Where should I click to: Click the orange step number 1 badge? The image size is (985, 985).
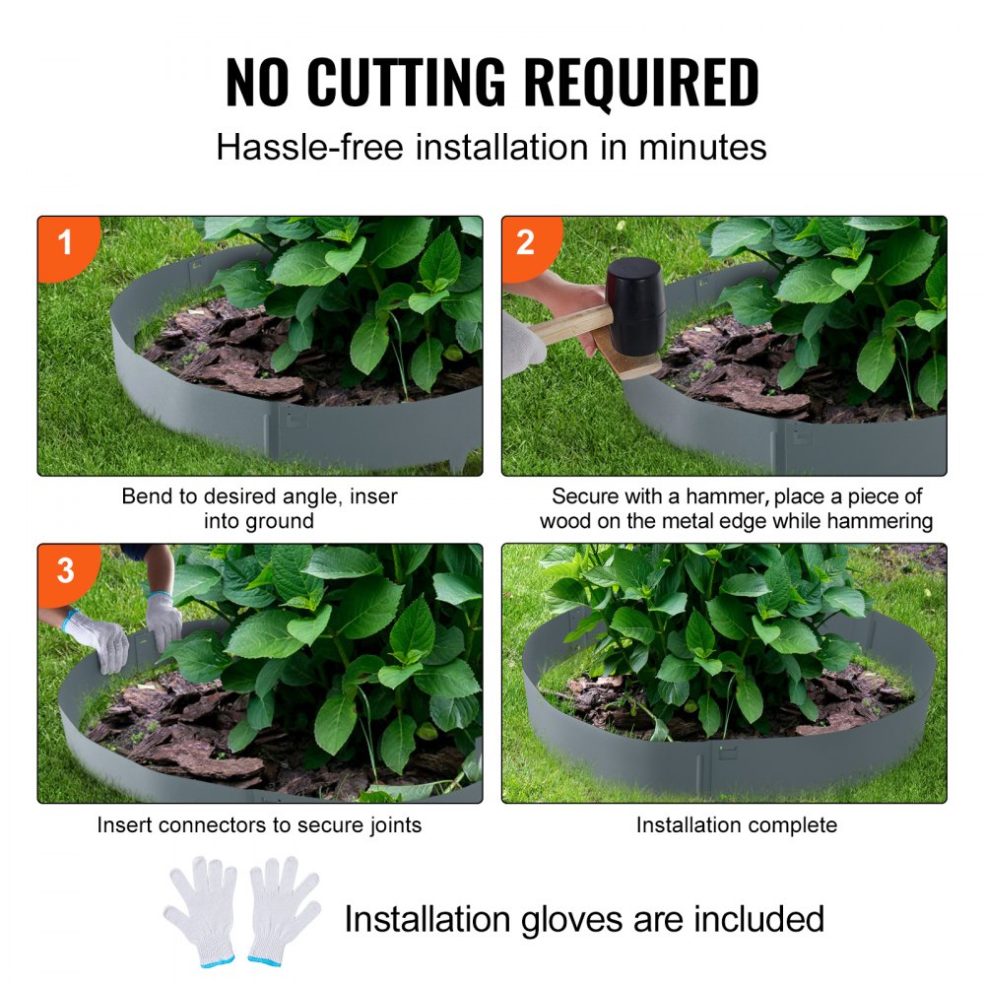point(65,242)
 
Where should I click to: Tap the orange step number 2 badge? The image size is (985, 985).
point(526,242)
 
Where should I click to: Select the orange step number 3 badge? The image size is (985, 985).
point(65,569)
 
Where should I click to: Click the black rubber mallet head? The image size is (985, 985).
point(636,304)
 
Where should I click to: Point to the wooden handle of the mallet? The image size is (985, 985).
point(571,324)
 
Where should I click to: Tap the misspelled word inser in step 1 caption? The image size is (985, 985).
point(374,496)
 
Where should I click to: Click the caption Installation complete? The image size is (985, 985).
point(736,825)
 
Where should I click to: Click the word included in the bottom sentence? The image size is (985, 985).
point(757,919)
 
